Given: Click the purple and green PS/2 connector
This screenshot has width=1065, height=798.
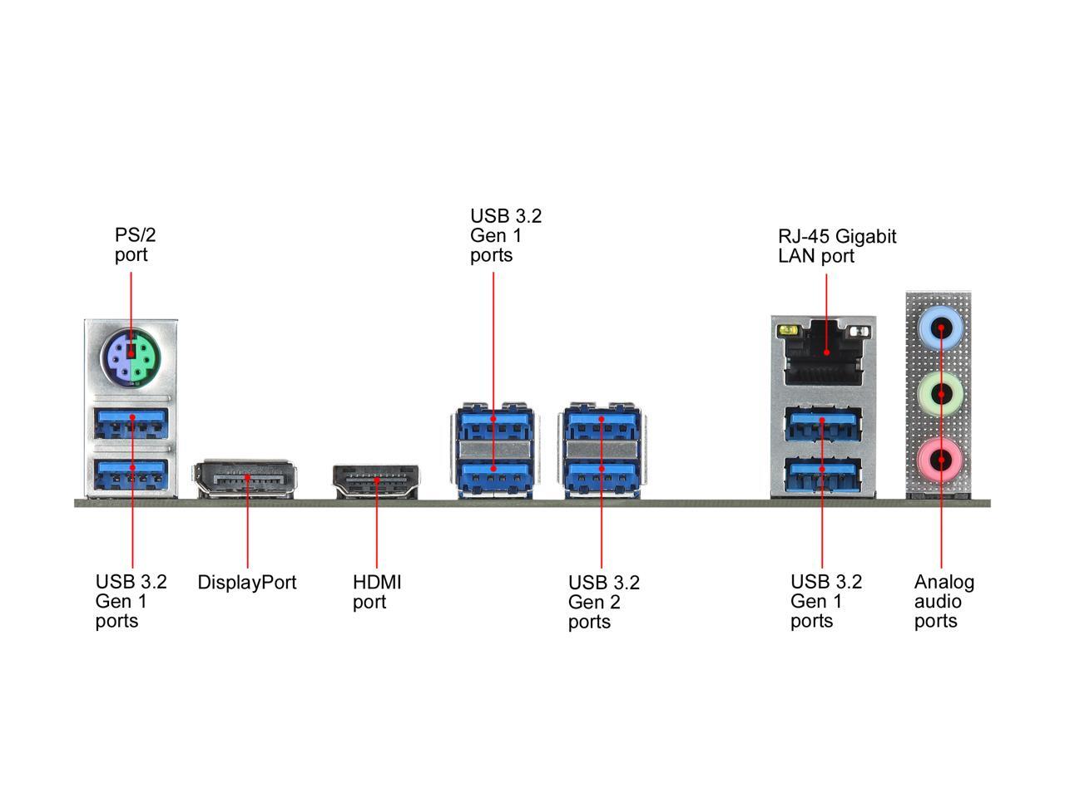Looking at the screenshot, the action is tap(131, 358).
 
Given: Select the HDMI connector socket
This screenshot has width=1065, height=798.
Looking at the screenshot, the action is tap(375, 481).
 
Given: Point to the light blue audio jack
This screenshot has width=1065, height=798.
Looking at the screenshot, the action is tap(940, 328).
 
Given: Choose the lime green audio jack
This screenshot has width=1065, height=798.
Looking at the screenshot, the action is tap(940, 394).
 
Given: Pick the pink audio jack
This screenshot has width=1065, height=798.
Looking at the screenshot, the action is tap(940, 460).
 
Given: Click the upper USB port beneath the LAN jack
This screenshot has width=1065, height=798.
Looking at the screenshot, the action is tap(822, 424).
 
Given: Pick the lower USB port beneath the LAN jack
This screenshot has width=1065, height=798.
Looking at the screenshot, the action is tap(822, 475).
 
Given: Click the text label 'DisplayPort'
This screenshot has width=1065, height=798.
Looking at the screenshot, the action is tap(247, 583).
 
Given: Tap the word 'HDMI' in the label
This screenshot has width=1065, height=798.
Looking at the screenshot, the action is tap(377, 582).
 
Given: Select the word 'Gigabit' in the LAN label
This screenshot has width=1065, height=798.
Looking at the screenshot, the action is tap(866, 237).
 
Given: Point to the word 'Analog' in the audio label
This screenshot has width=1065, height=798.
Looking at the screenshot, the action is tap(944, 583).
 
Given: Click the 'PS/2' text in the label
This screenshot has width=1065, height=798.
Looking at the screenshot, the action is tap(136, 235).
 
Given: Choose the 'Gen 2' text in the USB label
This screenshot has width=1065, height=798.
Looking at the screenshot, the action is tap(594, 603).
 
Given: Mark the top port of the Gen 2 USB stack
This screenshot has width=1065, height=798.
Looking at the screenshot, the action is tap(602, 424).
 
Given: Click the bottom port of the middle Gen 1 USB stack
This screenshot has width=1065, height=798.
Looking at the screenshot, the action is tap(494, 475).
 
